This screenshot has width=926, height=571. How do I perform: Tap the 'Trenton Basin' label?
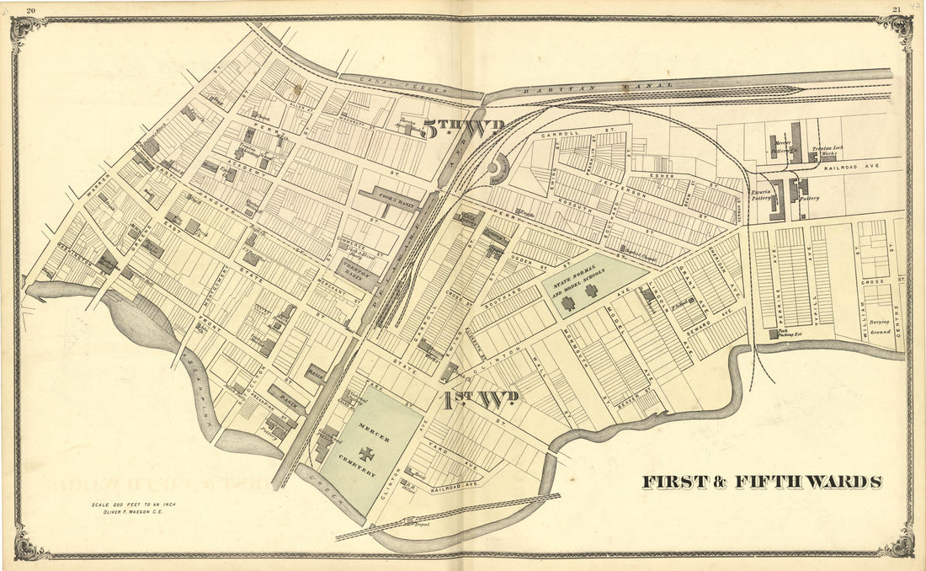pos(359,269)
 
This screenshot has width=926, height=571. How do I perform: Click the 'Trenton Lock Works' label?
pos(828,153)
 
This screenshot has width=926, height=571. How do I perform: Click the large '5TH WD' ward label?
pos(463,130)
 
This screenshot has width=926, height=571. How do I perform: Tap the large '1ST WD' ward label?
pos(482,398)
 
